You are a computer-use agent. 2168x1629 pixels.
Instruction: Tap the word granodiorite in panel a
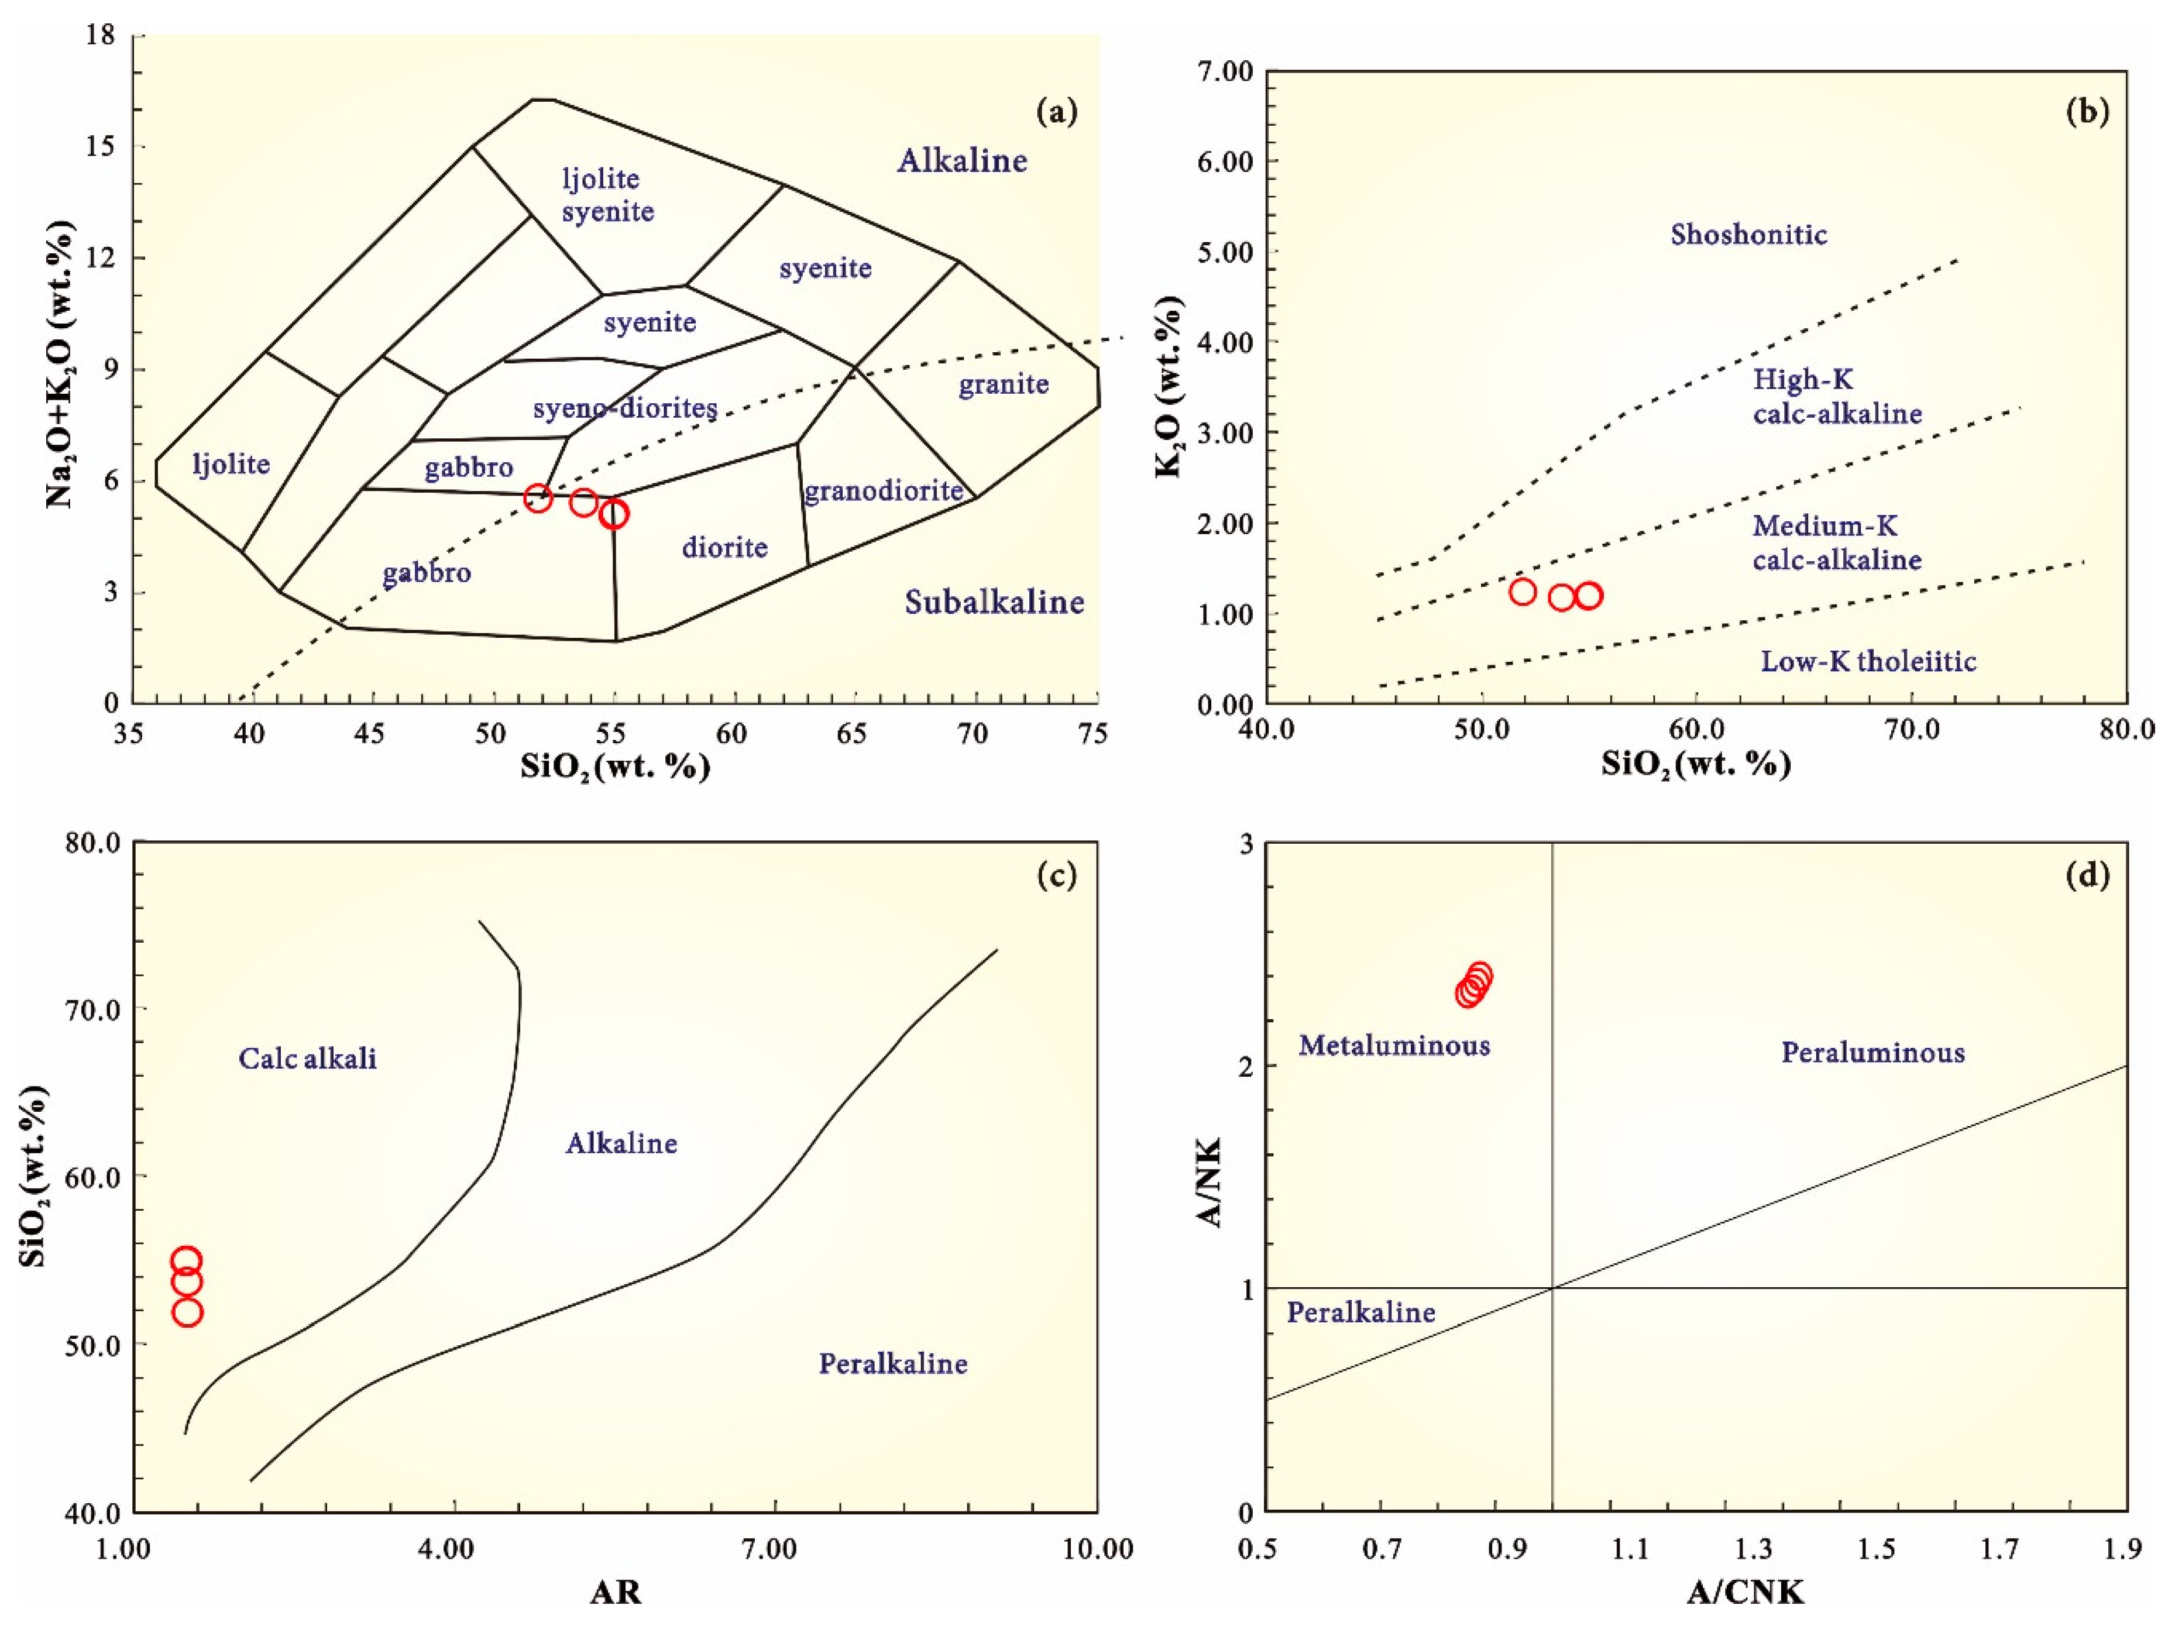(x=883, y=490)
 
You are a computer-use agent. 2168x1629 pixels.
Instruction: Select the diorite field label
(x=724, y=547)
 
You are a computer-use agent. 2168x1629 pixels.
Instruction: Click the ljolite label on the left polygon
(x=231, y=463)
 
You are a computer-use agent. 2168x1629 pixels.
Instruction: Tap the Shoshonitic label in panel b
(x=1748, y=234)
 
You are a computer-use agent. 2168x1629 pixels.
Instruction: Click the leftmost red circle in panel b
(x=1522, y=591)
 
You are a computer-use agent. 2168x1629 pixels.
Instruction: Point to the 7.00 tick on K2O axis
(x=1224, y=71)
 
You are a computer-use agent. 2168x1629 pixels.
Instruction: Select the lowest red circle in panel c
(x=187, y=1311)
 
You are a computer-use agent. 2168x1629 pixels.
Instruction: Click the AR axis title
(x=616, y=1593)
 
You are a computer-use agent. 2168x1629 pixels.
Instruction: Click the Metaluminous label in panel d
(x=1394, y=1046)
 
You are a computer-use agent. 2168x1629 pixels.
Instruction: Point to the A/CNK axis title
(x=1744, y=1593)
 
